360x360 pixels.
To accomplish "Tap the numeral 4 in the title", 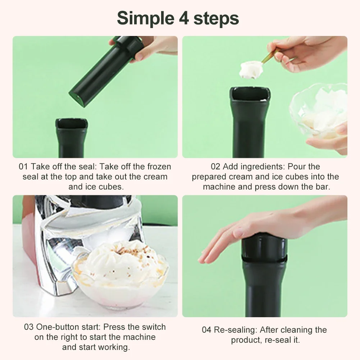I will click(182, 18).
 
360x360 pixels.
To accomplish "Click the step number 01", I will click(23, 167).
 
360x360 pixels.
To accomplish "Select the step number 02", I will click(216, 167).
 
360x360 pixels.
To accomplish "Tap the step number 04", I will click(206, 330).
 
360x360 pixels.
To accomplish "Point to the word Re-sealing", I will click(234, 330).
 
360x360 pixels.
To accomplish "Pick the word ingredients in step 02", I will click(254, 167).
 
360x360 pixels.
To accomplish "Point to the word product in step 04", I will click(245, 340).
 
